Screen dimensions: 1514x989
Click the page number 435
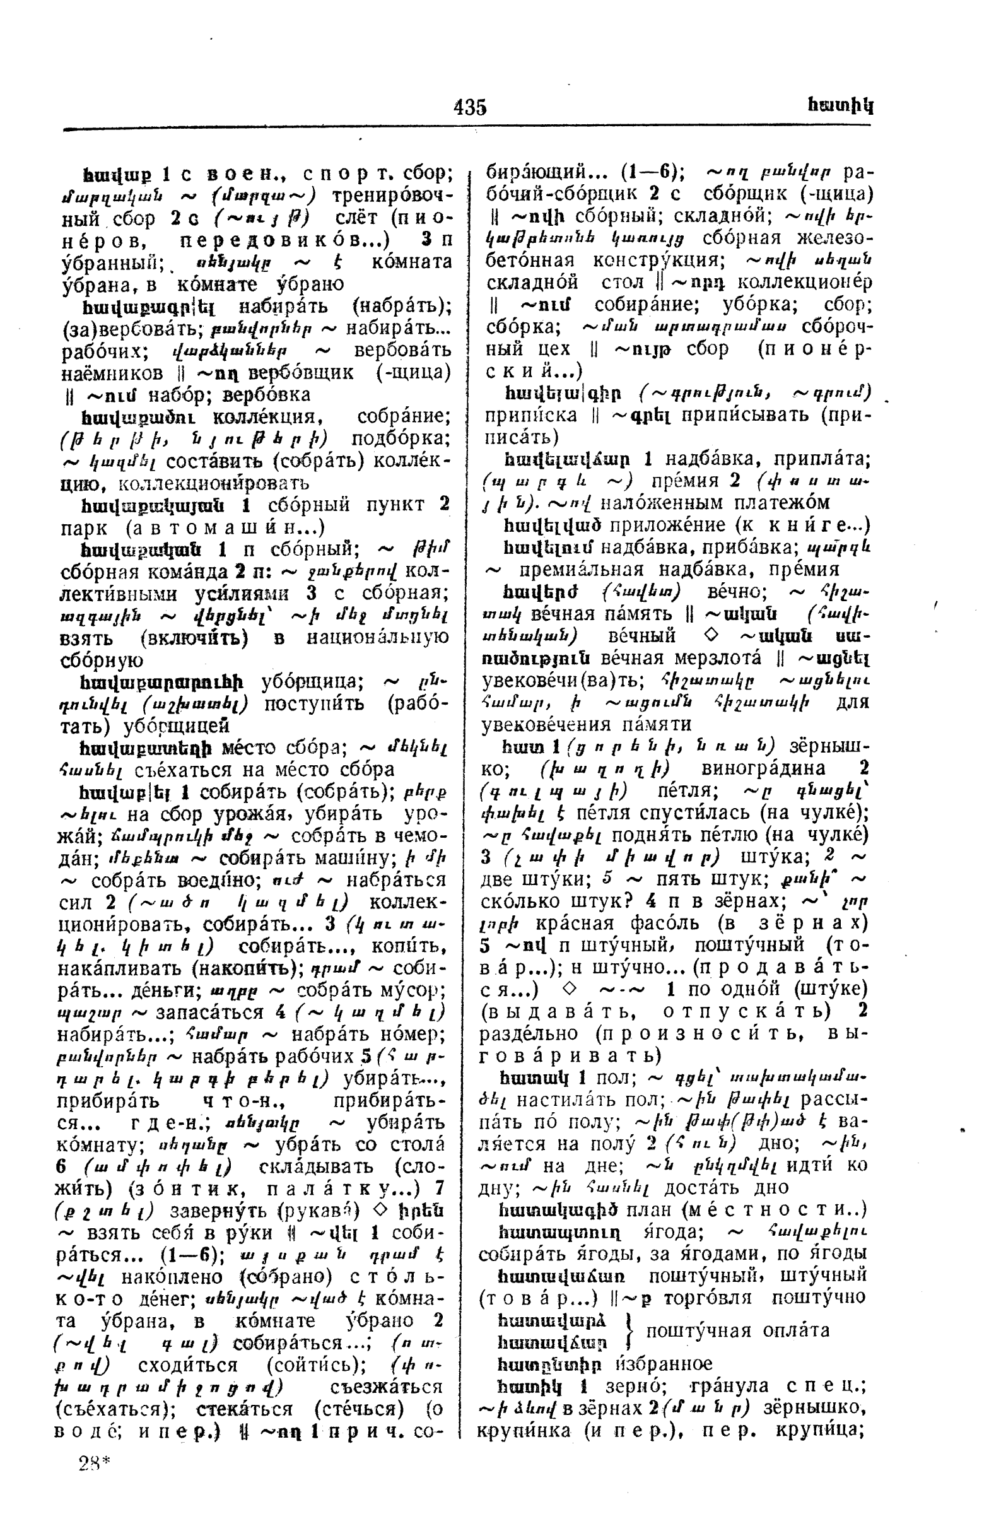470,107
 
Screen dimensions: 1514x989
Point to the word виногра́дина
763,768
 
